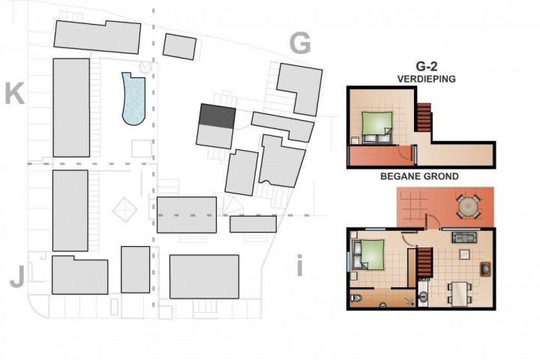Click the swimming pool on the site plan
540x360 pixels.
[133, 100]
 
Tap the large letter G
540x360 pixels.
[300, 43]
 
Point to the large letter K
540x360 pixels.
[15, 94]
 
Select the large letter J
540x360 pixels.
[17, 277]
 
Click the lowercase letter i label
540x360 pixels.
[299, 265]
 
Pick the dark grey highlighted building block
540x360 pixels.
[217, 116]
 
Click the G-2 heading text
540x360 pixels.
[426, 67]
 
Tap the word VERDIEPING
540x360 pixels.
[426, 79]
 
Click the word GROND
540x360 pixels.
[442, 176]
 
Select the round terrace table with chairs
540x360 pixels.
[468, 207]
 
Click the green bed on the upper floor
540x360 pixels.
[376, 127]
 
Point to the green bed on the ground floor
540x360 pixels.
[368, 254]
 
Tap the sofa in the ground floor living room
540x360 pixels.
[464, 237]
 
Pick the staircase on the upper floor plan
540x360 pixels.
[424, 118]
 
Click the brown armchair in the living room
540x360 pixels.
[485, 269]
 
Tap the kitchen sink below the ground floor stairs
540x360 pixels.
[422, 296]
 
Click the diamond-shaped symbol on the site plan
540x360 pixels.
[124, 209]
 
